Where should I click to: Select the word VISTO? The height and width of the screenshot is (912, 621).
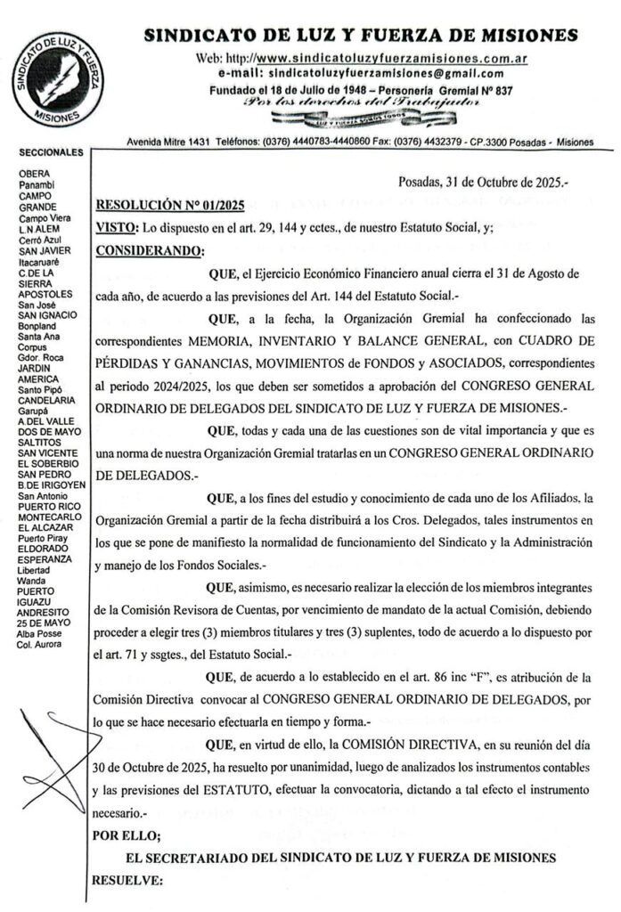tap(115, 227)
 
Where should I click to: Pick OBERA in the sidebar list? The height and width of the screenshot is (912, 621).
tap(34, 173)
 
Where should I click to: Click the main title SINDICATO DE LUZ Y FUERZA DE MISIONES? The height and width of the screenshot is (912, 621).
tap(360, 36)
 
